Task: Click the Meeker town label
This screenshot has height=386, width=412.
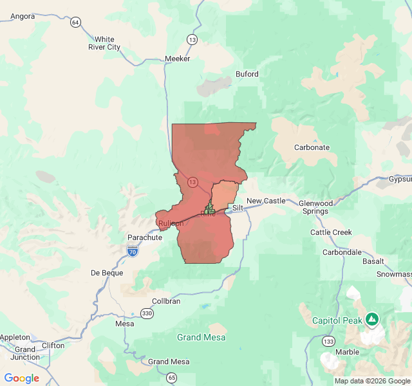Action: tap(178, 59)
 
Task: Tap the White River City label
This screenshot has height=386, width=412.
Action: tap(104, 43)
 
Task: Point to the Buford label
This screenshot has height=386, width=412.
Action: tap(247, 74)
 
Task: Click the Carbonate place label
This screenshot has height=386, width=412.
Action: tap(312, 147)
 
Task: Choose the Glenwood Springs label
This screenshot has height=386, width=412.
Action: tap(315, 207)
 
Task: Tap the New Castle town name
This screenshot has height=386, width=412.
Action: tap(266, 201)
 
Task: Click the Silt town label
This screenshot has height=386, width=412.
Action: tap(238, 208)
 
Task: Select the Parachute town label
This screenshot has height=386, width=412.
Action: tap(145, 237)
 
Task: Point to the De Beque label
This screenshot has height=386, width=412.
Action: tap(107, 273)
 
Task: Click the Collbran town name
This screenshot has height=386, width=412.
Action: tap(166, 301)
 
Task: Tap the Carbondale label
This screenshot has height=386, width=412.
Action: tap(342, 252)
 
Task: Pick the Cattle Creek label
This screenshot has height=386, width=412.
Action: tap(331, 232)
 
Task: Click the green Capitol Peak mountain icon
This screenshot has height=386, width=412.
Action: tap(372, 318)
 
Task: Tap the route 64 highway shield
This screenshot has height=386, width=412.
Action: tap(76, 23)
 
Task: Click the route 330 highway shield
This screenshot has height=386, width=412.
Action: tap(147, 313)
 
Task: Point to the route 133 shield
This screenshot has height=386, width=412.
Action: tap(329, 340)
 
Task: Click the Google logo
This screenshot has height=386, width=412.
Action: tap(22, 378)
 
